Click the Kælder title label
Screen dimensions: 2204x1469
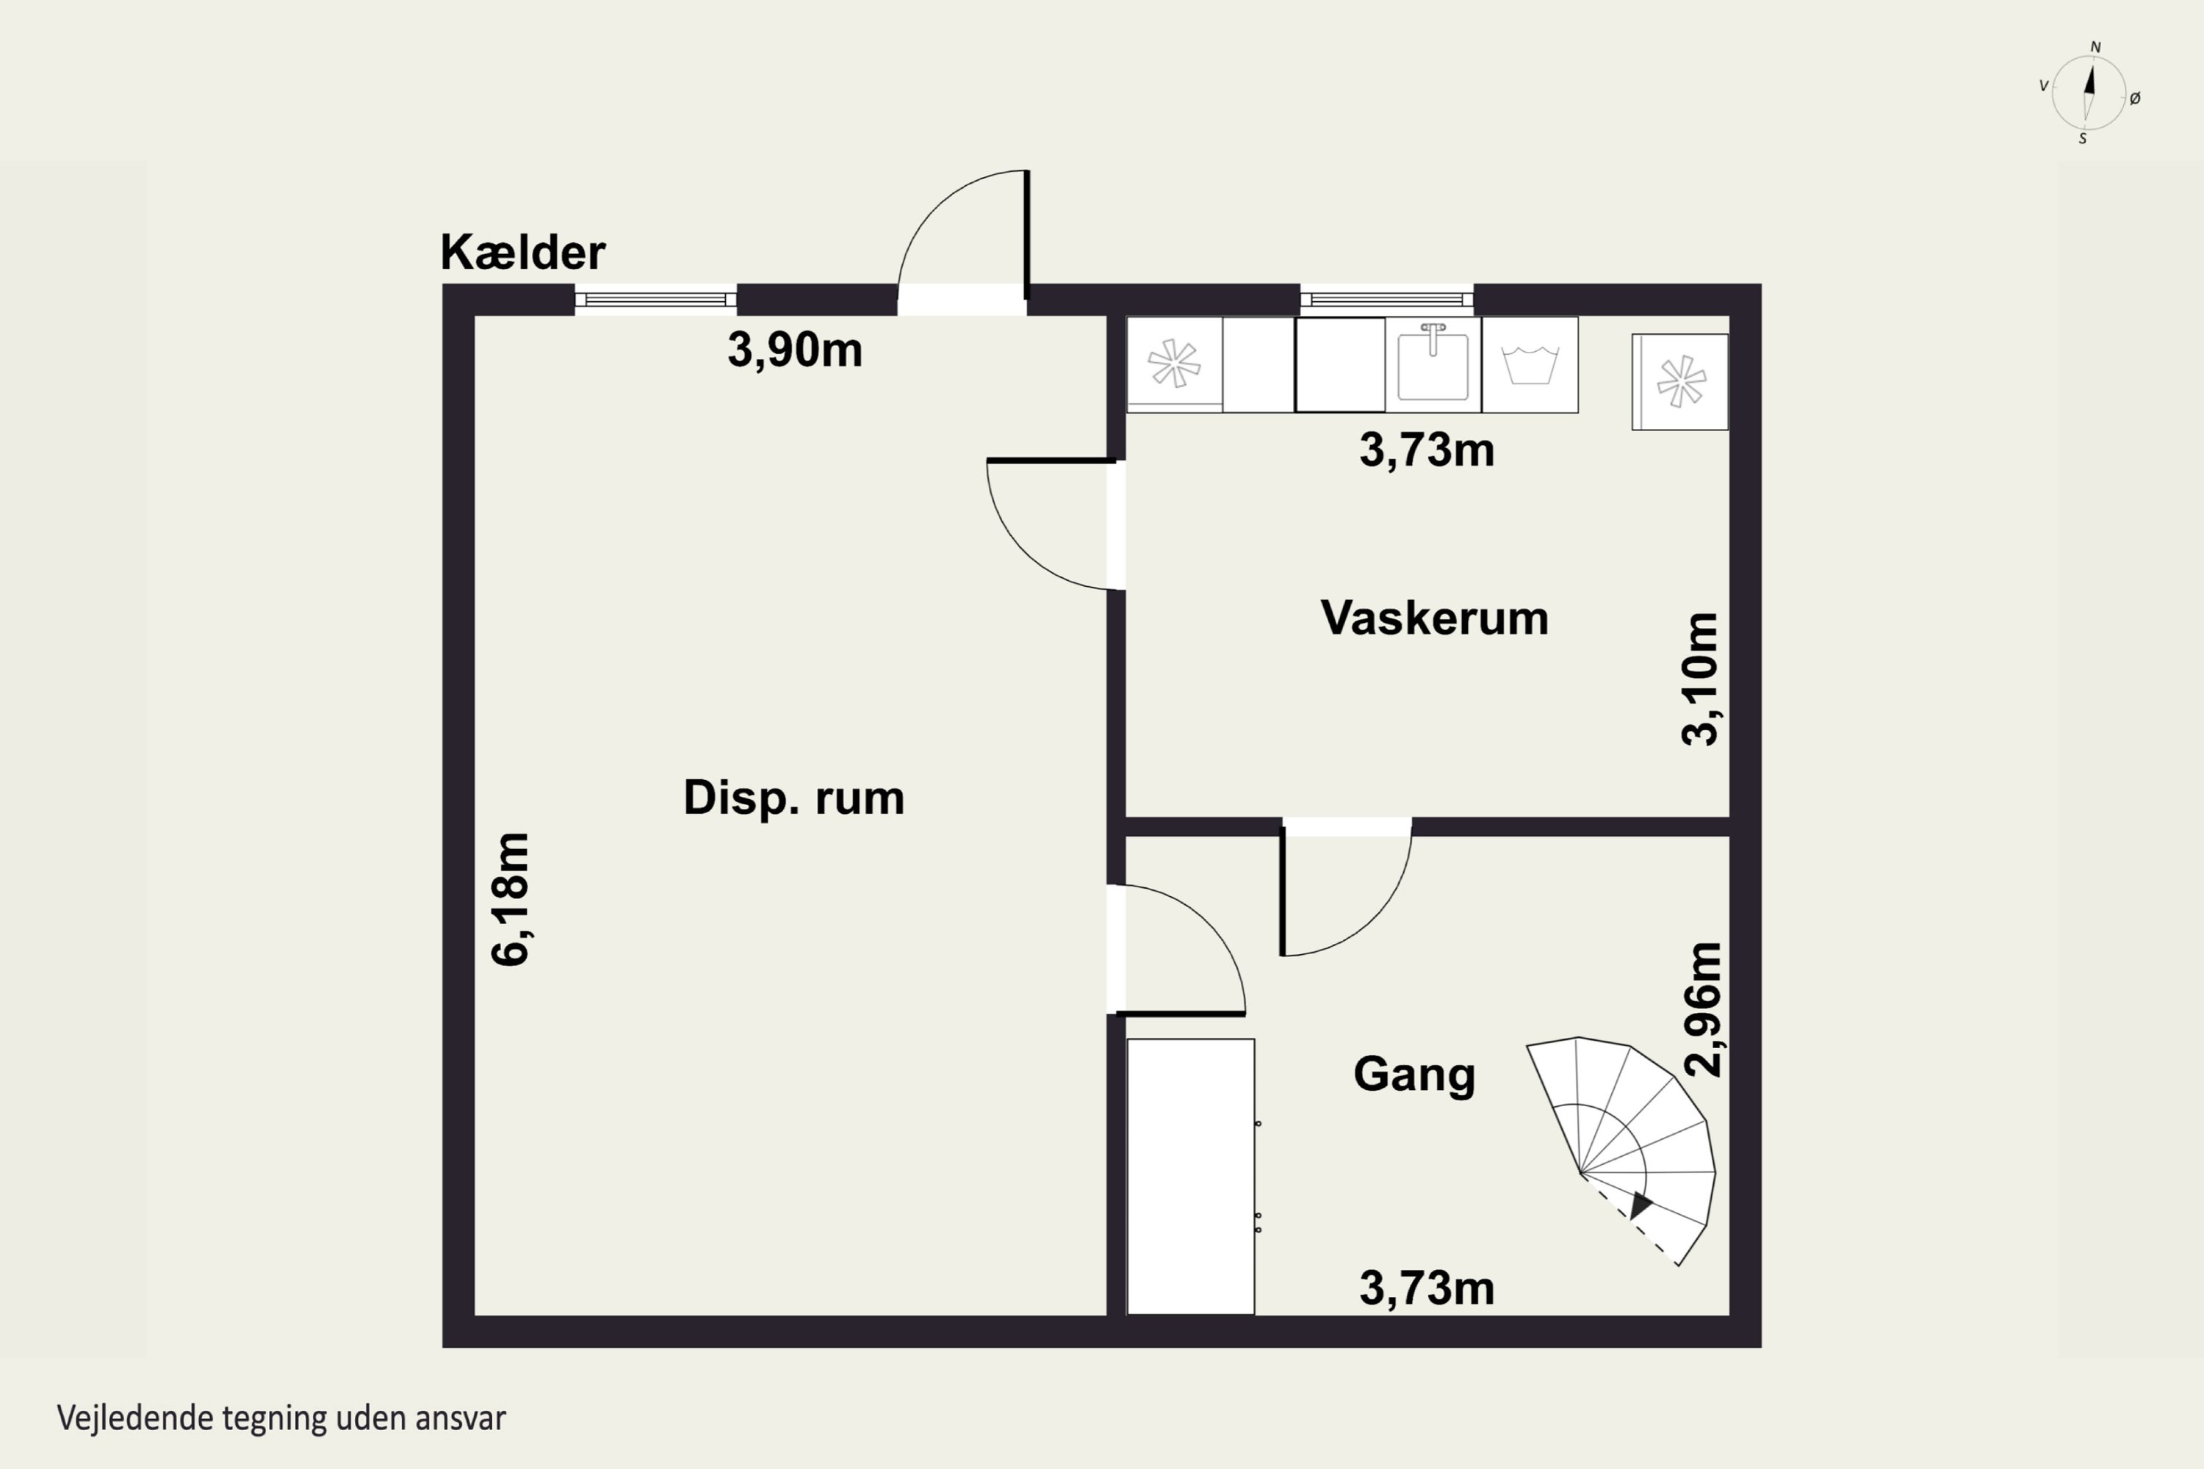523,252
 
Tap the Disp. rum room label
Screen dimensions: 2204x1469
793,798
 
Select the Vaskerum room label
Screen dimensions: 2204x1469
1434,618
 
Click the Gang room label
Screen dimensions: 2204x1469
1414,1075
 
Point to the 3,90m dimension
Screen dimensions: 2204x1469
795,350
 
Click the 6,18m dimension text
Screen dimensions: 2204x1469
511,898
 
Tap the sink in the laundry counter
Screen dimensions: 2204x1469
1433,365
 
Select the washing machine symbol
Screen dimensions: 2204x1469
1530,365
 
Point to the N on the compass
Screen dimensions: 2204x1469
2096,47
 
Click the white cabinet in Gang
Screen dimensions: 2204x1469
1190,1177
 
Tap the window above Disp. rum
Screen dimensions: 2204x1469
655,300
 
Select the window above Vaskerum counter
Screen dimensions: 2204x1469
1387,300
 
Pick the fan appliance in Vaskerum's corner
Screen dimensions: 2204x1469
1680,382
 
